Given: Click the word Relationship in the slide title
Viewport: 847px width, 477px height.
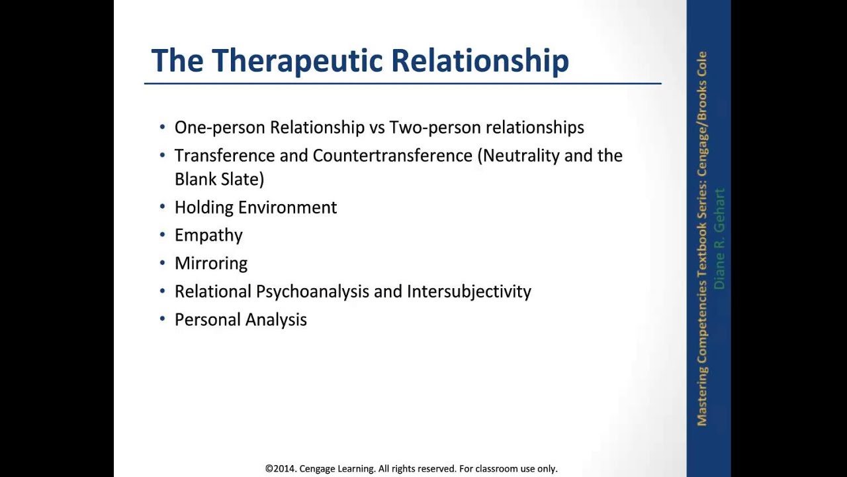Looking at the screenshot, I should point(480,61).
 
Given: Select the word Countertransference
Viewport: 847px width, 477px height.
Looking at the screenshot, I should point(392,156).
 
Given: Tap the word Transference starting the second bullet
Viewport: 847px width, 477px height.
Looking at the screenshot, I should point(224,156).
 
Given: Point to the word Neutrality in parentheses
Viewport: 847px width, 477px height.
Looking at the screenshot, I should point(521,156).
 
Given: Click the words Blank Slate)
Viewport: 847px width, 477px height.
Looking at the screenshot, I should point(219,179).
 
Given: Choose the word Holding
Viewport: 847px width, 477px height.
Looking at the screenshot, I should point(204,207).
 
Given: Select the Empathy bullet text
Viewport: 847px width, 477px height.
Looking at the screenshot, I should point(208,236).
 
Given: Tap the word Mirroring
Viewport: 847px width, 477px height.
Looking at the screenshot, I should point(210,264).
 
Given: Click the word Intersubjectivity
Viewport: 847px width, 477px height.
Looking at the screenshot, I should point(468,291).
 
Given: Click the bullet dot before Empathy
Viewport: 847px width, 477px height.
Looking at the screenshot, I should point(163,235).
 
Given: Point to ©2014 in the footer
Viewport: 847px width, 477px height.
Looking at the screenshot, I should point(281,468).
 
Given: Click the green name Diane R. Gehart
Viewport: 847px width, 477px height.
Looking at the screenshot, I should point(719,238).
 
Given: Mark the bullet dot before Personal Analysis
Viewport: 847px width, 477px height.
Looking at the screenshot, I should point(163,319).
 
